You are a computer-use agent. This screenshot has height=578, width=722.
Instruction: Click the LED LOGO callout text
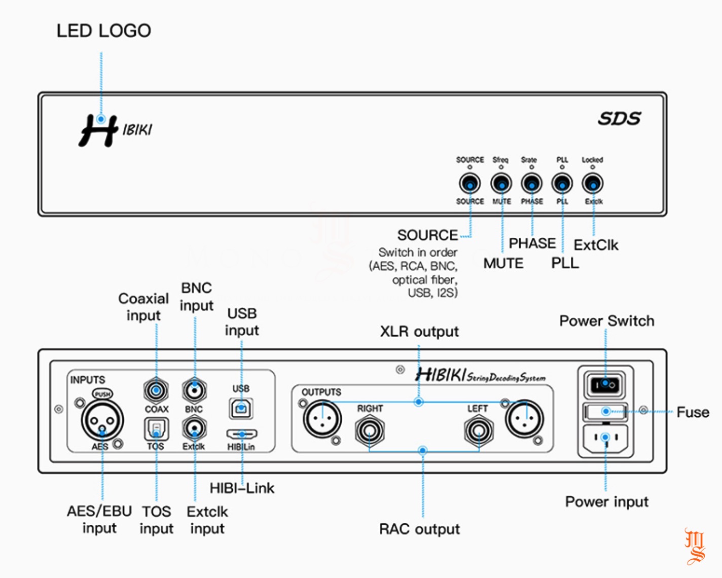(103, 31)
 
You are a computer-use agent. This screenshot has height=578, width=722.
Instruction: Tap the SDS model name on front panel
(619, 119)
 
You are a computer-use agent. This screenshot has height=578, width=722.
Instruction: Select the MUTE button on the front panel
(501, 184)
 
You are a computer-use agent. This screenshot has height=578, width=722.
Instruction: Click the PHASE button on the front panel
(531, 184)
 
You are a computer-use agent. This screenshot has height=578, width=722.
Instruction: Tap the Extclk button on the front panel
(592, 184)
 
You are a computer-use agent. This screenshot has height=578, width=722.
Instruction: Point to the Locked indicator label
(592, 160)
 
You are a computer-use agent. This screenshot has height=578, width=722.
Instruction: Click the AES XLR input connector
(102, 420)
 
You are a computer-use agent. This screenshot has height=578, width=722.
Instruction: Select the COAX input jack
(156, 390)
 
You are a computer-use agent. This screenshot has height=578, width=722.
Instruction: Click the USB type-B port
(241, 408)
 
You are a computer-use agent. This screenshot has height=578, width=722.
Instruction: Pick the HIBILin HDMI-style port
(242, 435)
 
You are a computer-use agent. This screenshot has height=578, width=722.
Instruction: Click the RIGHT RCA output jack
(370, 431)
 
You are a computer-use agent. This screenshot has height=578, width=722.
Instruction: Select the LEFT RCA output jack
(479, 431)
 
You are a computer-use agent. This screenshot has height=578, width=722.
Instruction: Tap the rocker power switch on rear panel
(605, 385)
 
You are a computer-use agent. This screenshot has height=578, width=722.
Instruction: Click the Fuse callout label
(693, 412)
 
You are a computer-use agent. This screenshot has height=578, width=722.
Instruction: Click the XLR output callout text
(419, 332)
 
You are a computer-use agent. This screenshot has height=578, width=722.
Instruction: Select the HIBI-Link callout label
(242, 488)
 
